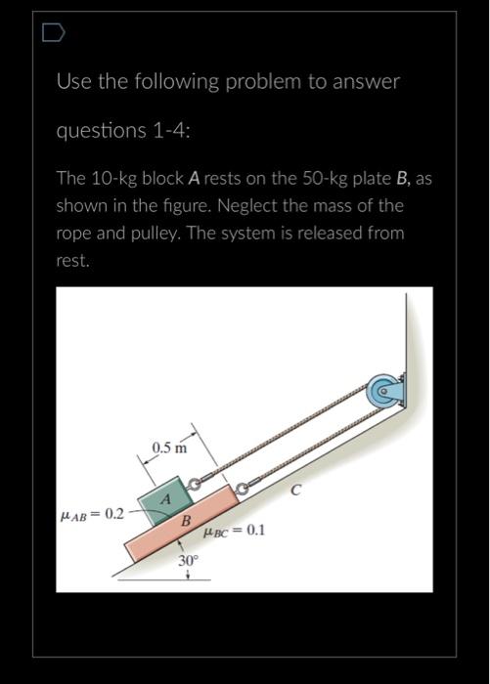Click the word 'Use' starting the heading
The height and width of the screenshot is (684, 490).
pyautogui.click(x=71, y=82)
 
